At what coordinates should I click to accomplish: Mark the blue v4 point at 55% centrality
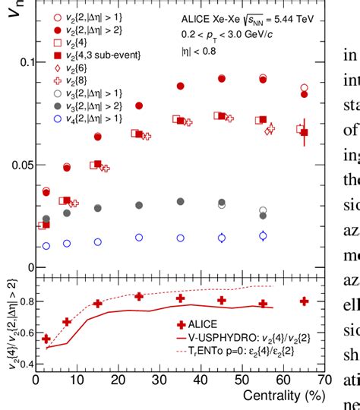click(x=263, y=235)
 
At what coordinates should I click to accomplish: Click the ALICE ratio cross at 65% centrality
click(x=304, y=301)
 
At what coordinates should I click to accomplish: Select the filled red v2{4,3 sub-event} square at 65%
click(x=304, y=133)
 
